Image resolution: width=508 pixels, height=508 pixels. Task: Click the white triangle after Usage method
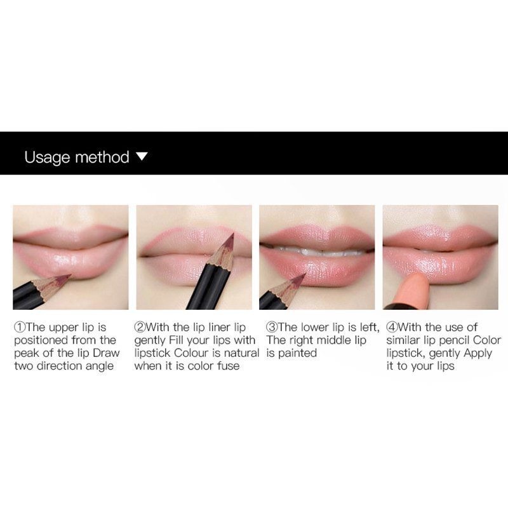142,156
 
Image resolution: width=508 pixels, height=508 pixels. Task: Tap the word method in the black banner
102,157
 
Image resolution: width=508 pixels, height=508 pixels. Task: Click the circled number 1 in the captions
19,328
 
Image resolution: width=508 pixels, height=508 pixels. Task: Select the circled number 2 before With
140,328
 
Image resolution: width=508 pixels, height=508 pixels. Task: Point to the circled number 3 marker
271,328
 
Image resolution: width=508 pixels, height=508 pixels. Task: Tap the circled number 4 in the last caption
391,328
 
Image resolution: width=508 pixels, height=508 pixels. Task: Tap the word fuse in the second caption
228,366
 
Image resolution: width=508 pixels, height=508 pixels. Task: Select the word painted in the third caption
297,353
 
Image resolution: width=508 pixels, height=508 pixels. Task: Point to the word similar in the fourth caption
404,340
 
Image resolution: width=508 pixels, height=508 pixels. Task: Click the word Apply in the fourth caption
478,353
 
